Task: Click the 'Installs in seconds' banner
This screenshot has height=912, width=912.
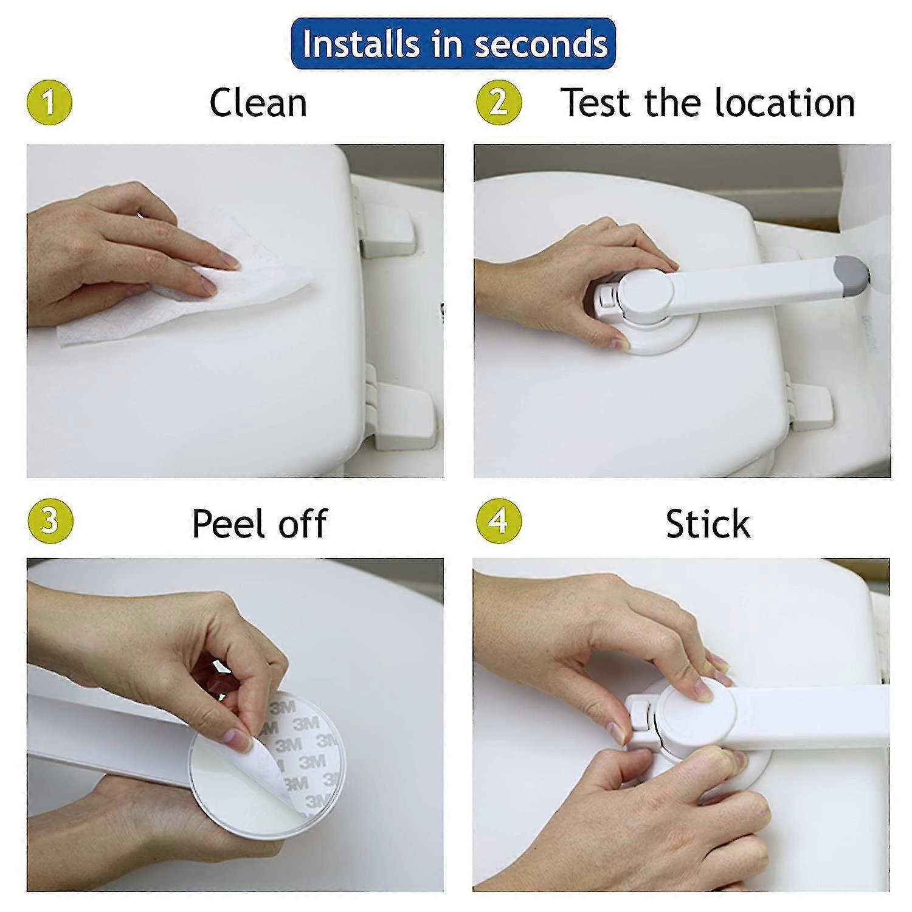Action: coord(454,44)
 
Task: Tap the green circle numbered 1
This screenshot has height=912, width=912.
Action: coord(49,102)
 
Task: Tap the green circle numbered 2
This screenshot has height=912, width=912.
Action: coord(498,102)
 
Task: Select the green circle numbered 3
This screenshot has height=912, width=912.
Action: coord(50,522)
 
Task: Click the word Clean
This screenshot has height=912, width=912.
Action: coord(258,103)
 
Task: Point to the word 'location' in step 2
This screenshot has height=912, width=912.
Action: coord(784,103)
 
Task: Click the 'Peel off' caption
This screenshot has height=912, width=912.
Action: coord(259,523)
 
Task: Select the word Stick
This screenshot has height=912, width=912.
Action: coord(708,523)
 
